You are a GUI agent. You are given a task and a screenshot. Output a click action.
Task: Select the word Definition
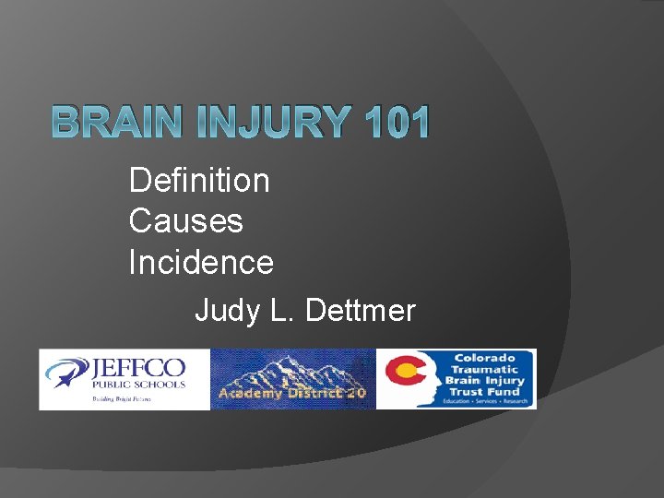(199, 180)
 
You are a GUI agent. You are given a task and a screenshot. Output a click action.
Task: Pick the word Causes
(185, 221)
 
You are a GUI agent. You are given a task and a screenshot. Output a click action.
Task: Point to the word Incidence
(201, 263)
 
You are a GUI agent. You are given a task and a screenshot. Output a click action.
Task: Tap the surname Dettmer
(360, 311)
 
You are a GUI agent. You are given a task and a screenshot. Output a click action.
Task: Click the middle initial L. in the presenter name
(283, 311)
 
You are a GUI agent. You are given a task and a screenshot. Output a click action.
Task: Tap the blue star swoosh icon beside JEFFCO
(69, 374)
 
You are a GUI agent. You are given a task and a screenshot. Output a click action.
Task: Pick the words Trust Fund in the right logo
(485, 391)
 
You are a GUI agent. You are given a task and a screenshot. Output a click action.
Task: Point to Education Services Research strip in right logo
(485, 402)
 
